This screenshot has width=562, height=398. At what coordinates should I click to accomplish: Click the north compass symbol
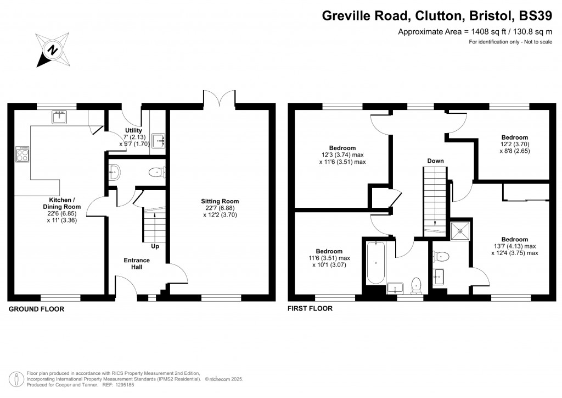tap(53, 50)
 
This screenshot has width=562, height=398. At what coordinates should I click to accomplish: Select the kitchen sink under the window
tap(59, 116)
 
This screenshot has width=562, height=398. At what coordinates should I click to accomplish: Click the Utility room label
tap(133, 130)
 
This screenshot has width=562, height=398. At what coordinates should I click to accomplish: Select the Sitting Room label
tap(220, 201)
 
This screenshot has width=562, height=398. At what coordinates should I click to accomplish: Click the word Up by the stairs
tap(155, 246)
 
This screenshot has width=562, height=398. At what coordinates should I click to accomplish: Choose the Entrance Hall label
tap(137, 263)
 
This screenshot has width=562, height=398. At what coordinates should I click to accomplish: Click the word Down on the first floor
tap(436, 161)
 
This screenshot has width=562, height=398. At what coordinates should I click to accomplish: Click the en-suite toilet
tap(442, 256)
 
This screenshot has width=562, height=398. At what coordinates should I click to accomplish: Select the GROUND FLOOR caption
tap(37, 309)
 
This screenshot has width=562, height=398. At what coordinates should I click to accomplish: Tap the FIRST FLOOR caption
tap(310, 308)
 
